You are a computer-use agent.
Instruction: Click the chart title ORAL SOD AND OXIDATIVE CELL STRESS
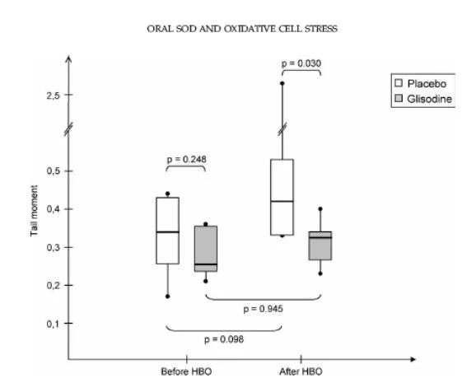[242, 29]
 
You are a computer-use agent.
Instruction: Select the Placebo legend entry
[421, 83]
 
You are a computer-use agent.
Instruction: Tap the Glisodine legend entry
[423, 99]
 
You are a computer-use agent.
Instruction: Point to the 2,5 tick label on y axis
[53, 96]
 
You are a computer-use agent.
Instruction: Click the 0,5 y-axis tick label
[53, 170]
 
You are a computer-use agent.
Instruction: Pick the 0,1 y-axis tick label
[53, 324]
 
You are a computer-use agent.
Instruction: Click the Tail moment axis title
[34, 211]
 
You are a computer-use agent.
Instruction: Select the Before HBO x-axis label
[186, 371]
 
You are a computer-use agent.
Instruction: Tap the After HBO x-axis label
[301, 371]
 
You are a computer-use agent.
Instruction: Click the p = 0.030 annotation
[301, 63]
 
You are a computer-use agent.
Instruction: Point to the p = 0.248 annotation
[186, 160]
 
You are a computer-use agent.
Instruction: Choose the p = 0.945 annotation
[263, 309]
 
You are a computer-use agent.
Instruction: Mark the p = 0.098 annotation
[224, 339]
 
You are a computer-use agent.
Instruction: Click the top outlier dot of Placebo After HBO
[282, 83]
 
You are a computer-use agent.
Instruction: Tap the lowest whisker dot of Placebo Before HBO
[167, 297]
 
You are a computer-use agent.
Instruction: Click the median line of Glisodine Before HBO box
[206, 264]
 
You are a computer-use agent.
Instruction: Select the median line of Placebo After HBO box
[282, 201]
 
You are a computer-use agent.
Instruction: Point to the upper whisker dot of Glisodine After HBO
[320, 209]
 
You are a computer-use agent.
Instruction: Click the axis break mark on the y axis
[68, 128]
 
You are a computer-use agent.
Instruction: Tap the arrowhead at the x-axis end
[413, 359]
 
